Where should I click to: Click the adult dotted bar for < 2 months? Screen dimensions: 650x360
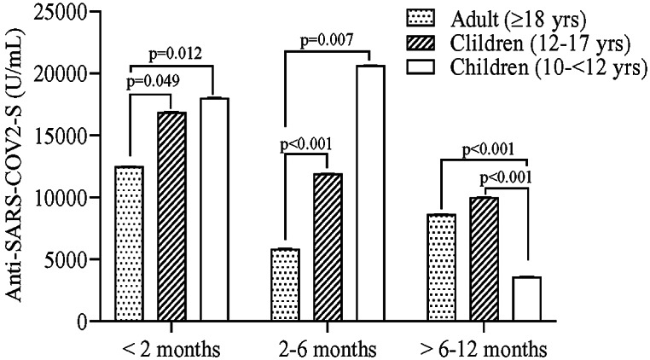(x=130, y=243)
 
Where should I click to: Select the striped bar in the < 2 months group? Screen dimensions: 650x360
(x=171, y=217)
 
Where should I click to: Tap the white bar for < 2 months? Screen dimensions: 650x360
(x=215, y=210)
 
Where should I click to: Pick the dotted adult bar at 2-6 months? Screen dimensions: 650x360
(x=286, y=285)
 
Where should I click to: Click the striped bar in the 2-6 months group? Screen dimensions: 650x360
(x=328, y=247)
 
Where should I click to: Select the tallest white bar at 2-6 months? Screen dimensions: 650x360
(x=371, y=194)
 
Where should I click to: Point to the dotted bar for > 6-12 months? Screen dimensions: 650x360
(x=442, y=268)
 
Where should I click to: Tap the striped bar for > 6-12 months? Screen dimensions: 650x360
(x=485, y=259)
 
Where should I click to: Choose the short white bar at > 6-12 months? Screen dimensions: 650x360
(x=527, y=299)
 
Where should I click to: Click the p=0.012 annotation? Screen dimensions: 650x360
(x=176, y=54)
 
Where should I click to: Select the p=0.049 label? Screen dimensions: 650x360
(x=153, y=82)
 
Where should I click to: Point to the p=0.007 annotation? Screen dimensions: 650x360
(x=327, y=40)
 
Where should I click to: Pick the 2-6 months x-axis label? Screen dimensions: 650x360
(x=328, y=349)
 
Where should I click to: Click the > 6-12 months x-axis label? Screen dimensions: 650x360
(x=484, y=349)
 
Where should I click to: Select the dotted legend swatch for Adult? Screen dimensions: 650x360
(x=420, y=17)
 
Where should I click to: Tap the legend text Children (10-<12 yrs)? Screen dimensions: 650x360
(x=548, y=67)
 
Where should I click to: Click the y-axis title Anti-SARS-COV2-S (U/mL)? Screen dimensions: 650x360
(x=15, y=166)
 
